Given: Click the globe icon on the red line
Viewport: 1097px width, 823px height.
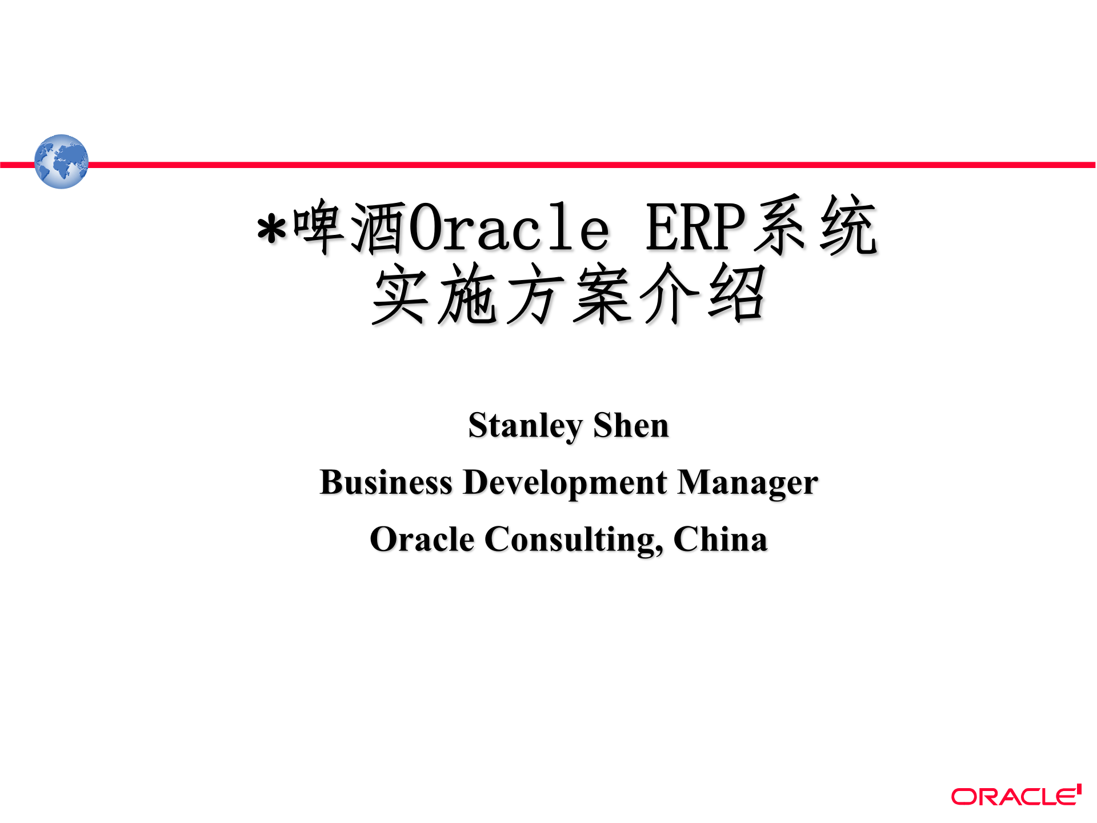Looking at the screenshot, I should [61, 162].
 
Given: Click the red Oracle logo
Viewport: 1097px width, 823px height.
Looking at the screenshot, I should [1016, 796].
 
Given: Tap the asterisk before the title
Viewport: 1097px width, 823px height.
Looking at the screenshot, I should [271, 230].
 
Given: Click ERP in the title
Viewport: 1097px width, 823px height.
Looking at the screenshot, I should [696, 227].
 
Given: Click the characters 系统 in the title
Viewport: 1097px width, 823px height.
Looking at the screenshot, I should [816, 226].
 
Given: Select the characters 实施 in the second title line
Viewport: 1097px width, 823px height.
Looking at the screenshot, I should [434, 295].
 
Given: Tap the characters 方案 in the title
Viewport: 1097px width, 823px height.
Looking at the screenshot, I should [567, 295].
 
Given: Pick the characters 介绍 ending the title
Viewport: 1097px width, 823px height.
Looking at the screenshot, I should [702, 295].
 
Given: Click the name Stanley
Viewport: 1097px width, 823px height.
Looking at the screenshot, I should [525, 426].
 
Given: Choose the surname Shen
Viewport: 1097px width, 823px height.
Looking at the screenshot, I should [631, 426].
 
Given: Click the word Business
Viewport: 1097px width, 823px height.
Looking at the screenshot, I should [386, 482].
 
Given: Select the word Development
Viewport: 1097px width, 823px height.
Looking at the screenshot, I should [565, 484].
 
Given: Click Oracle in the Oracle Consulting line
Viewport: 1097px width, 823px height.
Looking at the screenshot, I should [422, 540].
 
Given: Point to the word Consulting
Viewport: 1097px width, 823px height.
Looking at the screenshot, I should [574, 541].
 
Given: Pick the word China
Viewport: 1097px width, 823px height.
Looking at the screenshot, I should [720, 540].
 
